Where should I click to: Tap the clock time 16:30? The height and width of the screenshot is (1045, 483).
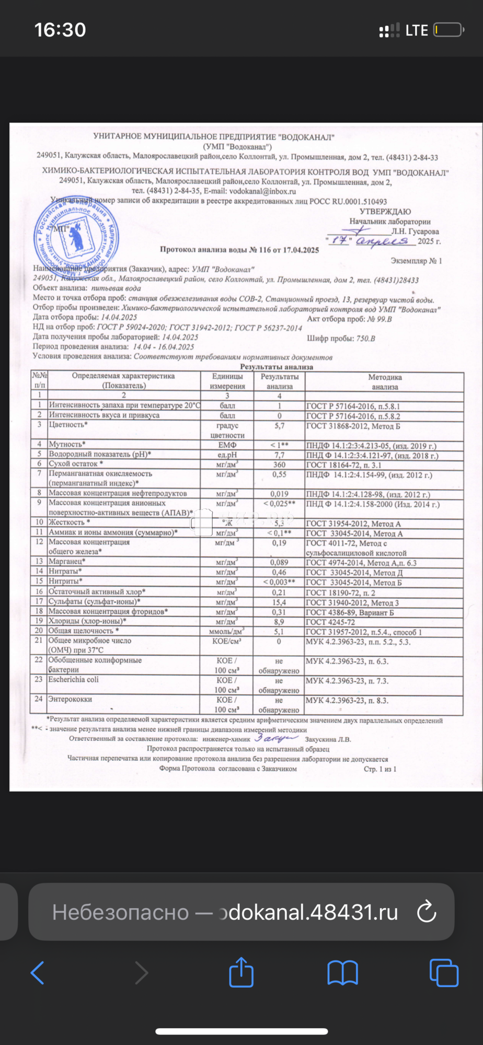pos(60,30)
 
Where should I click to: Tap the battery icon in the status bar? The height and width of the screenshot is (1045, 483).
pos(448,30)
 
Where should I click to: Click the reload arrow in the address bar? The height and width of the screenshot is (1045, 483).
pos(427,912)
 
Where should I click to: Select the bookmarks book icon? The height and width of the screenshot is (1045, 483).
pos(342,972)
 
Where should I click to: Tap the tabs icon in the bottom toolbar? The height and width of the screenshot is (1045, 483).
pos(444,972)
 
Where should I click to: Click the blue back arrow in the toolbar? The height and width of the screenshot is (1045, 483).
pos(38,972)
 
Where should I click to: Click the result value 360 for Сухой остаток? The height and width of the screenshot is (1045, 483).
pos(279,465)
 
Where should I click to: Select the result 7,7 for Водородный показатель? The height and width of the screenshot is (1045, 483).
pos(279,455)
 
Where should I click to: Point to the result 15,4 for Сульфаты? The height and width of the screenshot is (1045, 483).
pos(279,602)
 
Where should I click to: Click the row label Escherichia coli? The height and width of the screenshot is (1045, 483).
pos(73,680)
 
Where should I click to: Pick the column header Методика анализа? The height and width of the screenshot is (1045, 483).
pos(385,382)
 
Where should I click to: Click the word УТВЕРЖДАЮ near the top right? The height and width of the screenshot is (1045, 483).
pos(385,212)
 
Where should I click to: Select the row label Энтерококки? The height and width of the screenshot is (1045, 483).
pos(70,699)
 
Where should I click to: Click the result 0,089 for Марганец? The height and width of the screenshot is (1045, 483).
pos(279,563)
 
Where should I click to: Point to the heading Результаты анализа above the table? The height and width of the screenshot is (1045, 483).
pos(277,367)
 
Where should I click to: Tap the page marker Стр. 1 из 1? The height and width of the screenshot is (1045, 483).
pos(380,769)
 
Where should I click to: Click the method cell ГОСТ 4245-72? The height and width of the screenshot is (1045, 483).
pos(330,622)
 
